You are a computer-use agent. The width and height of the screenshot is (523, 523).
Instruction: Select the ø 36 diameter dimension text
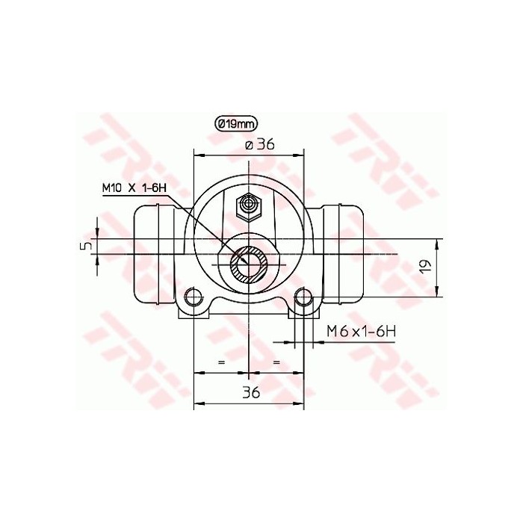point(259,145)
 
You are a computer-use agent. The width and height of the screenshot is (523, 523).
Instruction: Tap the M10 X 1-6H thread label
point(134,188)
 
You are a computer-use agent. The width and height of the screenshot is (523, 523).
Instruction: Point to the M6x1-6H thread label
point(359,331)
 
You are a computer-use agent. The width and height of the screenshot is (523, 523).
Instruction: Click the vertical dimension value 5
point(87,244)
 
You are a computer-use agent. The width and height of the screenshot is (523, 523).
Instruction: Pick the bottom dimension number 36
point(250,392)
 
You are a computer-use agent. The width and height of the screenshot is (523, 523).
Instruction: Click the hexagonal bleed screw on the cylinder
point(247,206)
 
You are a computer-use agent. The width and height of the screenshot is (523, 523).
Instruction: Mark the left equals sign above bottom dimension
point(220,362)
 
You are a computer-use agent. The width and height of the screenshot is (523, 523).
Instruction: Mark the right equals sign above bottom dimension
point(276,362)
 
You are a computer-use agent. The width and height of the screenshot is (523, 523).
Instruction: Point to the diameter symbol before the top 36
point(248,146)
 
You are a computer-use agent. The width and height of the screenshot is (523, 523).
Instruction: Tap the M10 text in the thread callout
point(112,188)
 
